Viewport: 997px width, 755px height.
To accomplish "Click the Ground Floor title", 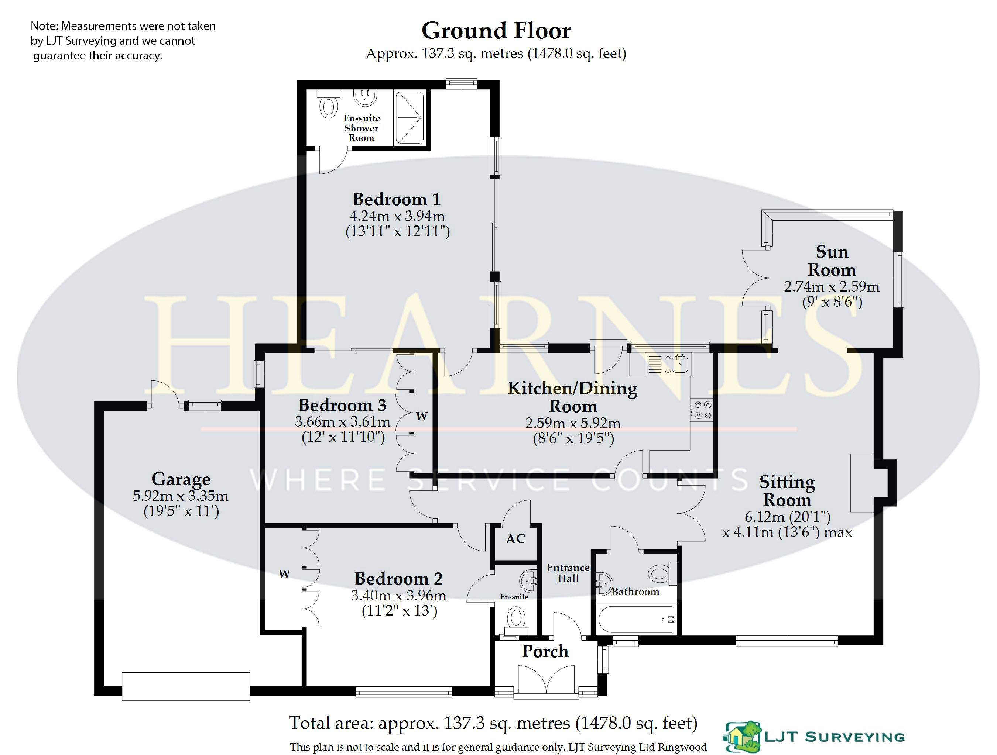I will pyautogui.click(x=496, y=31).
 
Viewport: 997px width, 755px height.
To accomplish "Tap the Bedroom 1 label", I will pyautogui.click(x=396, y=199).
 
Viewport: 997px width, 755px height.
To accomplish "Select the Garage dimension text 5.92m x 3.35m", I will pyautogui.click(x=180, y=496).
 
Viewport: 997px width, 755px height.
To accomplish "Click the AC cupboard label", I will pyautogui.click(x=515, y=539).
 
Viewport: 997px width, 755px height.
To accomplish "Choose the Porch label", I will pyautogui.click(x=545, y=651).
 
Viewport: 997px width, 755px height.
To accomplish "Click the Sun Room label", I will pyautogui.click(x=832, y=261).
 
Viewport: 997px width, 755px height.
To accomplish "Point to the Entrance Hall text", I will pyautogui.click(x=568, y=573).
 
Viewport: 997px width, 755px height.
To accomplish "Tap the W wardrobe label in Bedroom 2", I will pyautogui.click(x=284, y=574).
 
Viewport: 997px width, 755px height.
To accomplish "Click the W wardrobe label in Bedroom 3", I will pyautogui.click(x=421, y=416).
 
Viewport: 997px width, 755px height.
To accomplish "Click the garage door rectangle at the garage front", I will pyautogui.click(x=186, y=686).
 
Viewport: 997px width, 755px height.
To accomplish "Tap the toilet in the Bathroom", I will pyautogui.click(x=662, y=573).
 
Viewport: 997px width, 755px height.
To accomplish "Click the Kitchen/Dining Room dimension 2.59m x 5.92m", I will pyautogui.click(x=573, y=423).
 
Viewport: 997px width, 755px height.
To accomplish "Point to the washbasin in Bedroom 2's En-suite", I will pyautogui.click(x=529, y=581).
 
